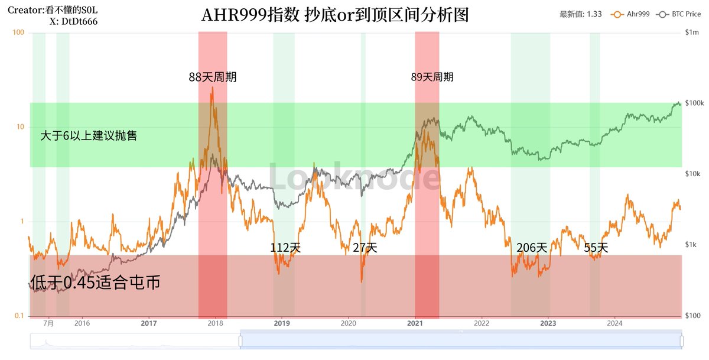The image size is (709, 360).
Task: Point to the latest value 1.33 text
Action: click(x=580, y=14)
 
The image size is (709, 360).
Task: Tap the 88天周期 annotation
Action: click(x=213, y=77)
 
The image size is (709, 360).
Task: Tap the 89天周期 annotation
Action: click(x=432, y=77)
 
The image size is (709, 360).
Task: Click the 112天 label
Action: click(x=286, y=248)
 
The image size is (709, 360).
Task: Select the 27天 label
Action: click(x=365, y=248)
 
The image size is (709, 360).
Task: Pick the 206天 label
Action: click(x=532, y=248)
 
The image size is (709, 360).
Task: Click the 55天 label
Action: click(x=596, y=248)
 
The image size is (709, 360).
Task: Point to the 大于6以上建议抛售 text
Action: click(x=89, y=136)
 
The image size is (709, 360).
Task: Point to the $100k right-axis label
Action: click(x=695, y=103)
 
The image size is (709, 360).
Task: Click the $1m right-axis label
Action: click(x=692, y=33)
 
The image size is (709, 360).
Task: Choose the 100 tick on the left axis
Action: click(x=18, y=33)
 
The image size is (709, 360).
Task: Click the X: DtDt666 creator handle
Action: click(x=74, y=21)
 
